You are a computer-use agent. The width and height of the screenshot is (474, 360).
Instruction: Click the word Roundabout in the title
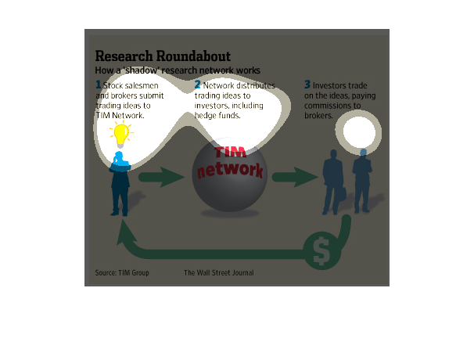(x=193, y=56)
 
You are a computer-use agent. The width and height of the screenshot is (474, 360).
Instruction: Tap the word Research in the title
(x=124, y=56)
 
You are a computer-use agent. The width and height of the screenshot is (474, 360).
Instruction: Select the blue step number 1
(x=98, y=85)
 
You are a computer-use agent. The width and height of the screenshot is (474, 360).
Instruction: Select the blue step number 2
(x=197, y=85)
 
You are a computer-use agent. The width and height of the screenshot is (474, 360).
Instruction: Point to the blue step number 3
(x=307, y=85)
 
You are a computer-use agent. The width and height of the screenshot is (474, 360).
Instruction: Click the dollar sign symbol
(x=321, y=251)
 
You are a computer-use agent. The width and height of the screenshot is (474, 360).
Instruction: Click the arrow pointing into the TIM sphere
(x=161, y=177)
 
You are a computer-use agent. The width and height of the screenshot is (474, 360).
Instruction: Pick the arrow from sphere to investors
(x=295, y=177)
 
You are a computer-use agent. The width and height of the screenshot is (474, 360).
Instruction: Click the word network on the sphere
(x=230, y=170)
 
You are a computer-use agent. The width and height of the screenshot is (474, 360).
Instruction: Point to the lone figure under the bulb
(x=120, y=183)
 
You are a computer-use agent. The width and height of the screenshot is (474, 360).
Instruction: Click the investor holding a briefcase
(x=333, y=182)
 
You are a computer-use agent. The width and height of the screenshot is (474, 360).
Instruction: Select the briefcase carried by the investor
(x=342, y=194)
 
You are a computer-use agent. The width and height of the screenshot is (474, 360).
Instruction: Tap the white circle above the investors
(x=359, y=132)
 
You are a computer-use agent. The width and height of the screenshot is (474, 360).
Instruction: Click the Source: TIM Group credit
(x=122, y=273)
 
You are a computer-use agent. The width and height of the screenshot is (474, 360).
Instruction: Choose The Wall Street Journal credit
(x=218, y=273)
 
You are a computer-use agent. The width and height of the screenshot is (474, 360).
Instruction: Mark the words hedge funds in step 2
(x=217, y=116)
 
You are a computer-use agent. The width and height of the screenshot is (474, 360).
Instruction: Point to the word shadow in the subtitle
(x=142, y=70)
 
